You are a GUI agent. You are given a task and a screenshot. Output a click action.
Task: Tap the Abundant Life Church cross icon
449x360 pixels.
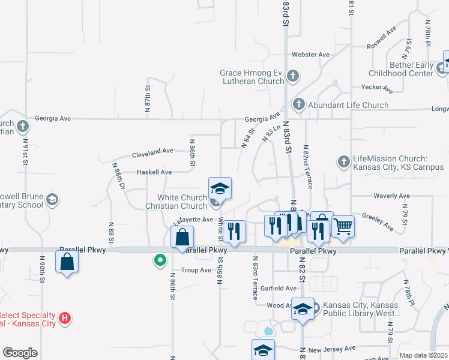pyautogui.click(x=298, y=104)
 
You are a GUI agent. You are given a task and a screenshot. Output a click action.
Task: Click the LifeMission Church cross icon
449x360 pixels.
pyautogui.click(x=343, y=161)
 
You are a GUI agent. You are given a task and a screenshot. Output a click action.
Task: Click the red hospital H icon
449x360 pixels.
pyautogui.click(x=66, y=319)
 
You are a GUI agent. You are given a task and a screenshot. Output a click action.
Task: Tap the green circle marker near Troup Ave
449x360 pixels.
pyautogui.click(x=160, y=260)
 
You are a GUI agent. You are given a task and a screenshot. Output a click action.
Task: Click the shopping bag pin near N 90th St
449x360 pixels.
pyautogui.click(x=67, y=262)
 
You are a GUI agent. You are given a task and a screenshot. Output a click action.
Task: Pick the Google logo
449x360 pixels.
pyautogui.click(x=20, y=352)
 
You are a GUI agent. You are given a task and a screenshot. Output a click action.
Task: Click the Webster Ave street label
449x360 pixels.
pyautogui.click(x=310, y=55)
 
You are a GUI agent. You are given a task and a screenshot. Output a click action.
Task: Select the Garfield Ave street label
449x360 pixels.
pyautogui.click(x=278, y=288)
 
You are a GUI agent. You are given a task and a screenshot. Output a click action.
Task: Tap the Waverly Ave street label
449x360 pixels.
pyautogui.click(x=391, y=196)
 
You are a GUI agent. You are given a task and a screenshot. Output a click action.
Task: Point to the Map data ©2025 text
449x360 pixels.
pyautogui.click(x=423, y=355)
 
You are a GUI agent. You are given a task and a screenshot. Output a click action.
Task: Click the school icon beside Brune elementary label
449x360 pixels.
pyautogui.click(x=52, y=199)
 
